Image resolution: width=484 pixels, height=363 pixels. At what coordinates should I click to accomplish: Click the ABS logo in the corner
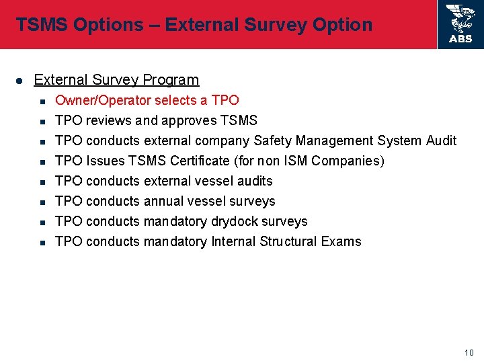click(x=460, y=24)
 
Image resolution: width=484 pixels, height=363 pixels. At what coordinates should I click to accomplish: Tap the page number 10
click(x=469, y=353)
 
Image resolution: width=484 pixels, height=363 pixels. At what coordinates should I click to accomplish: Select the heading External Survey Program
click(x=116, y=80)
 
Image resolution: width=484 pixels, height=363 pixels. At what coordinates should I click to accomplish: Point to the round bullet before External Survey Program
click(x=19, y=81)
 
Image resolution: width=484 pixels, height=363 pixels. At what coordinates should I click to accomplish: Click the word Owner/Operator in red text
click(x=103, y=100)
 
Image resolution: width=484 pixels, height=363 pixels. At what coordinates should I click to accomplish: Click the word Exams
click(x=342, y=241)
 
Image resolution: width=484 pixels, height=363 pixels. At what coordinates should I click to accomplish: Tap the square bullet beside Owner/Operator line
click(x=42, y=101)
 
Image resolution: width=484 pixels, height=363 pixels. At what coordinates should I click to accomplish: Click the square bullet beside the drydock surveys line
click(x=42, y=222)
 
